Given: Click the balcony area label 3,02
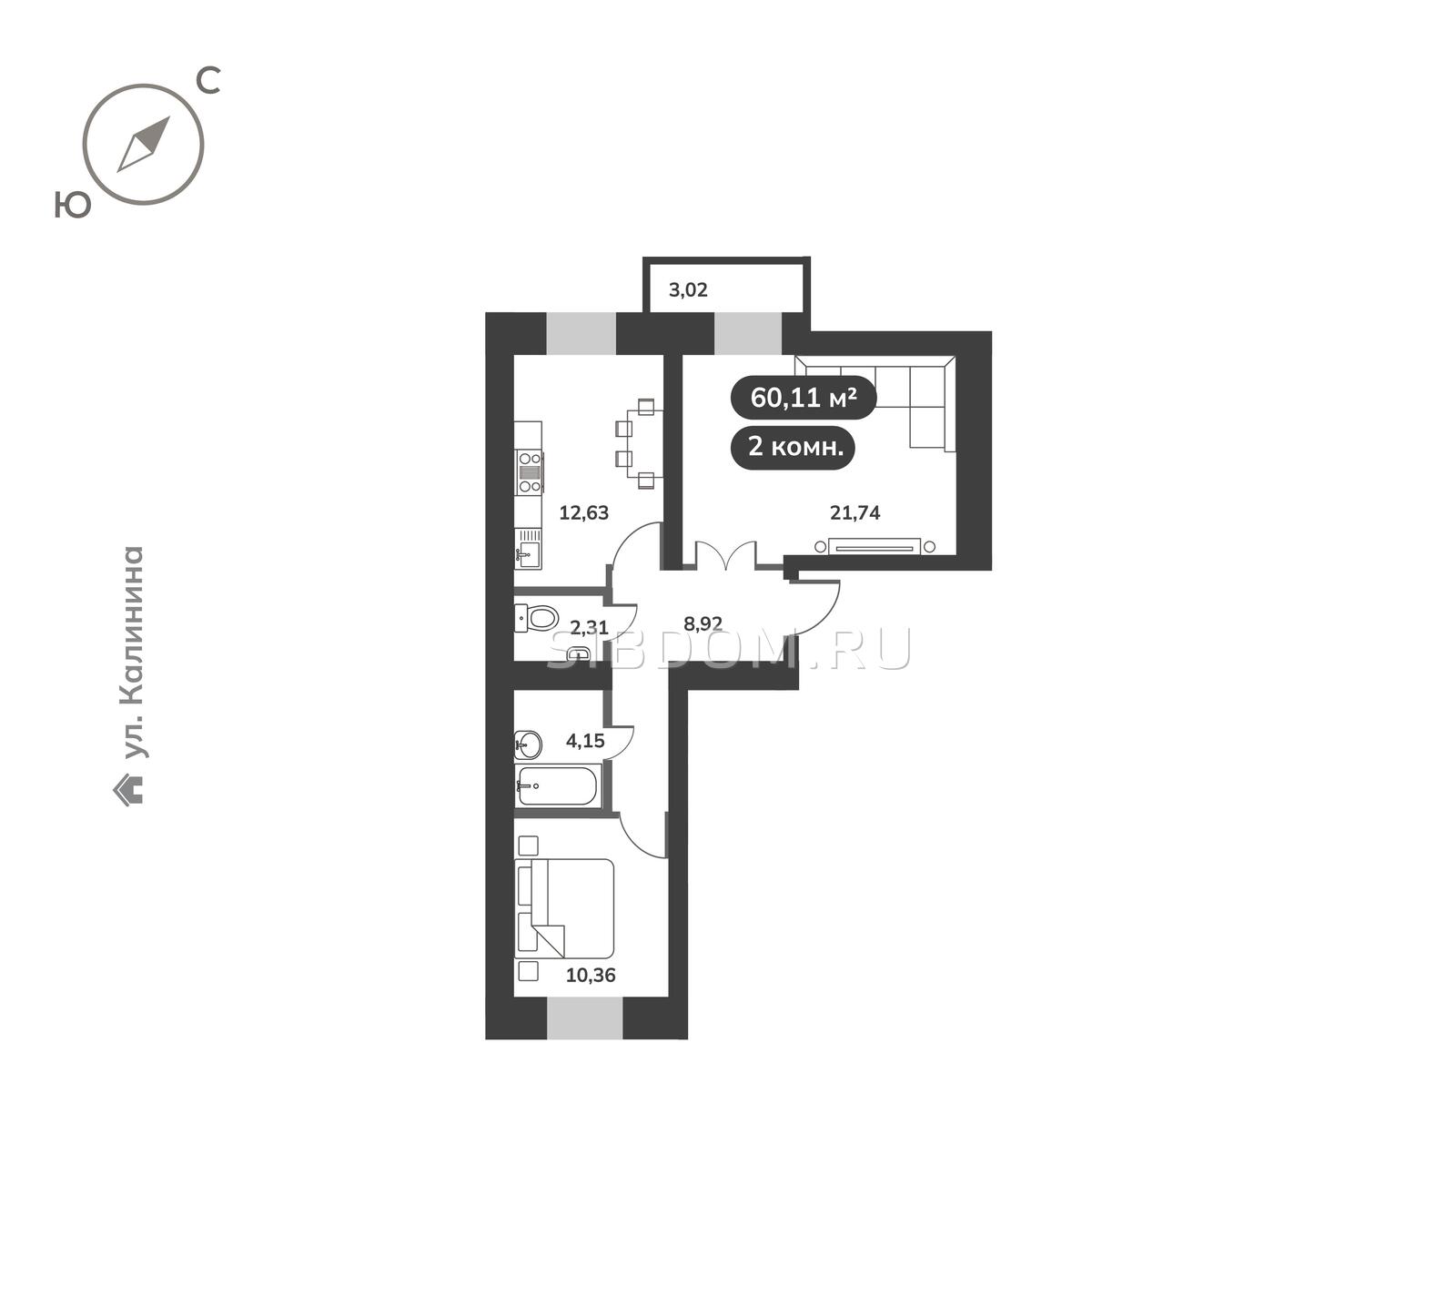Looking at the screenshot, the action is click(688, 291).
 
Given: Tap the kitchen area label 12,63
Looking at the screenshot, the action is click(583, 512).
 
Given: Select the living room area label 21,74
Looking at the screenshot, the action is click(854, 512).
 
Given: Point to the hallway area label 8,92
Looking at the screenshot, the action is click(703, 624).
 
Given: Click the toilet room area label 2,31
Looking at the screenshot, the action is click(589, 627).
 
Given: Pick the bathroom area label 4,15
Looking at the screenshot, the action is click(585, 741).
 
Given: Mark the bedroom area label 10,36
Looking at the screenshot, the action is click(591, 976).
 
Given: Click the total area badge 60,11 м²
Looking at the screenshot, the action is click(804, 398).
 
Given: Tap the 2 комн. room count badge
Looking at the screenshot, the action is click(794, 447).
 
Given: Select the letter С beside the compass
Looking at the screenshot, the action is click(208, 82).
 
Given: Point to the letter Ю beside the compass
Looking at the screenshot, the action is click(73, 205).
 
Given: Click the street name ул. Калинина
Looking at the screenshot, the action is click(133, 652).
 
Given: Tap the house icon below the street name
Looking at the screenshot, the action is click(128, 789).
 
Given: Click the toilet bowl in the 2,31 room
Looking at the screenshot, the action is click(536, 618).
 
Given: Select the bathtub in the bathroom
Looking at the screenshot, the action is click(557, 785).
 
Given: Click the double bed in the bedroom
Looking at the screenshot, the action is click(564, 908).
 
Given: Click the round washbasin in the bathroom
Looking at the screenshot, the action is click(528, 745).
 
